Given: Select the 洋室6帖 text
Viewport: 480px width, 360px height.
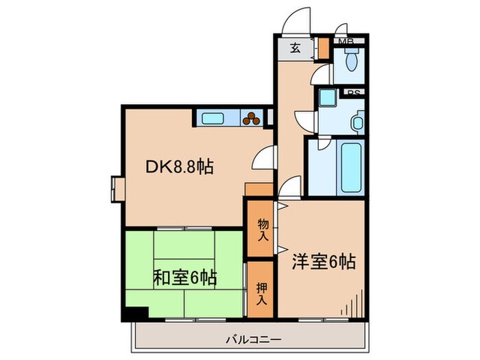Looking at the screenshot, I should coord(324,262).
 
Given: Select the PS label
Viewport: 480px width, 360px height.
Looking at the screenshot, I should coord(354,94).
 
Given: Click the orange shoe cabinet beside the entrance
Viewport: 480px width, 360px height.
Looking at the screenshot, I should coord(323,48).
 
